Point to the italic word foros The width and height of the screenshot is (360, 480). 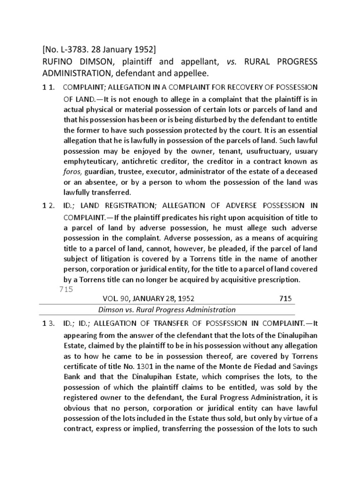pos(72,172)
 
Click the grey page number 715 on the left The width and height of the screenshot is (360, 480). pos(67,289)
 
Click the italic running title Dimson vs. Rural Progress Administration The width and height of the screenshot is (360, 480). pos(166,309)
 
